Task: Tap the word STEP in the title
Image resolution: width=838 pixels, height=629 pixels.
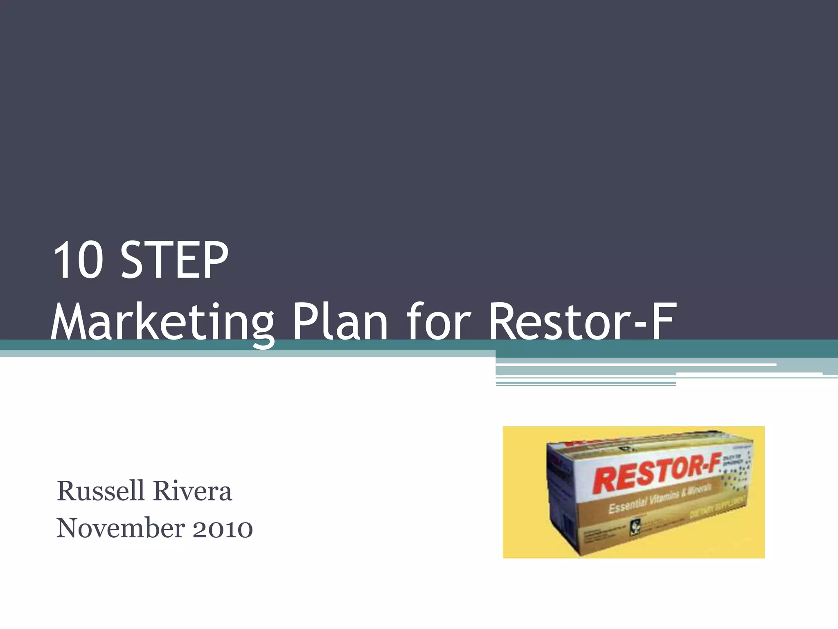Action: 175,260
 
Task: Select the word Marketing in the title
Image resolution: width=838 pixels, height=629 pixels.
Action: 162,322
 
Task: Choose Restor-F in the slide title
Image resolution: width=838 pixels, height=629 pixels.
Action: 581,322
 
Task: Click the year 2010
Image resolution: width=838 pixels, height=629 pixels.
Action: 223,528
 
